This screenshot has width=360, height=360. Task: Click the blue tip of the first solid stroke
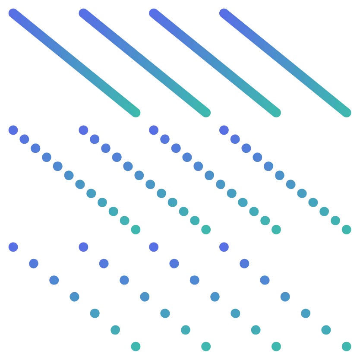[x=13, y=13]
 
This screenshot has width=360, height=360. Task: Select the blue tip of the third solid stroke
[x=154, y=13]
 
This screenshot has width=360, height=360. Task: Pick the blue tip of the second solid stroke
[x=84, y=13]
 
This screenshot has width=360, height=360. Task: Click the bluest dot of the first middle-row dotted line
[x=13, y=129]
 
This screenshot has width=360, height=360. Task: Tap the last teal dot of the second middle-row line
[x=205, y=230]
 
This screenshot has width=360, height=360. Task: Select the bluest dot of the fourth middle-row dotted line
[x=224, y=129]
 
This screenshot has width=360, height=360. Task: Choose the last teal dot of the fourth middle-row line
[x=347, y=230]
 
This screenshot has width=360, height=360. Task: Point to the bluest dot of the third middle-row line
[x=154, y=129]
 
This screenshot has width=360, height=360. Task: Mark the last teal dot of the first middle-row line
[x=136, y=230]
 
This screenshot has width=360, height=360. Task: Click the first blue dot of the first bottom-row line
[x=13, y=247]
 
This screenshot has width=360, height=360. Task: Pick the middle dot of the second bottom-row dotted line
[x=145, y=297]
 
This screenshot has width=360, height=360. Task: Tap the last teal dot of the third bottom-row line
[x=276, y=346]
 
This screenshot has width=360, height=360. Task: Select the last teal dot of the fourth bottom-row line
[x=347, y=346]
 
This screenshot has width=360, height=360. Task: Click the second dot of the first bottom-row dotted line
[x=34, y=263]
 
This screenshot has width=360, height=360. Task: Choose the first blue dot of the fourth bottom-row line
[x=224, y=247]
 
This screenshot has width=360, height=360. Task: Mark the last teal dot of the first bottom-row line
[x=136, y=346]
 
